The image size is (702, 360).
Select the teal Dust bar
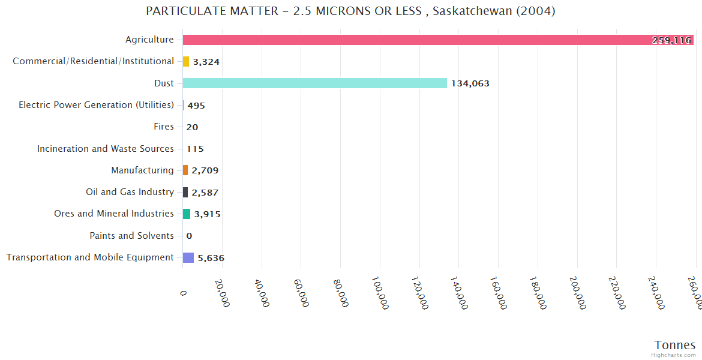[315, 83]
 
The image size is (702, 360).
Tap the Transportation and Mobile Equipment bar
[188, 258]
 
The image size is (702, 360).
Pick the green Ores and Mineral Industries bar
[187, 214]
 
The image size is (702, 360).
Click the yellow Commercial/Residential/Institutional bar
[186, 62]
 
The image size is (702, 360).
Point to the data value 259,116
[671, 40]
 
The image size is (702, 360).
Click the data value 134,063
[470, 83]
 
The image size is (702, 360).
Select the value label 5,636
[211, 258]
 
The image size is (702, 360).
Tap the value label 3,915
[208, 214]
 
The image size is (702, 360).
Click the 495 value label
[196, 106]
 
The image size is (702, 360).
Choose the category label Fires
[164, 127]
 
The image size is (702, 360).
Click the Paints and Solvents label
[131, 236]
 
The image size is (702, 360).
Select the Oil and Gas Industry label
[130, 192]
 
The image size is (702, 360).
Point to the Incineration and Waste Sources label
[106, 149]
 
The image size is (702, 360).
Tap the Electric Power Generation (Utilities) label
[96, 105]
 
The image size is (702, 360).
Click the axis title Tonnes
[675, 345]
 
